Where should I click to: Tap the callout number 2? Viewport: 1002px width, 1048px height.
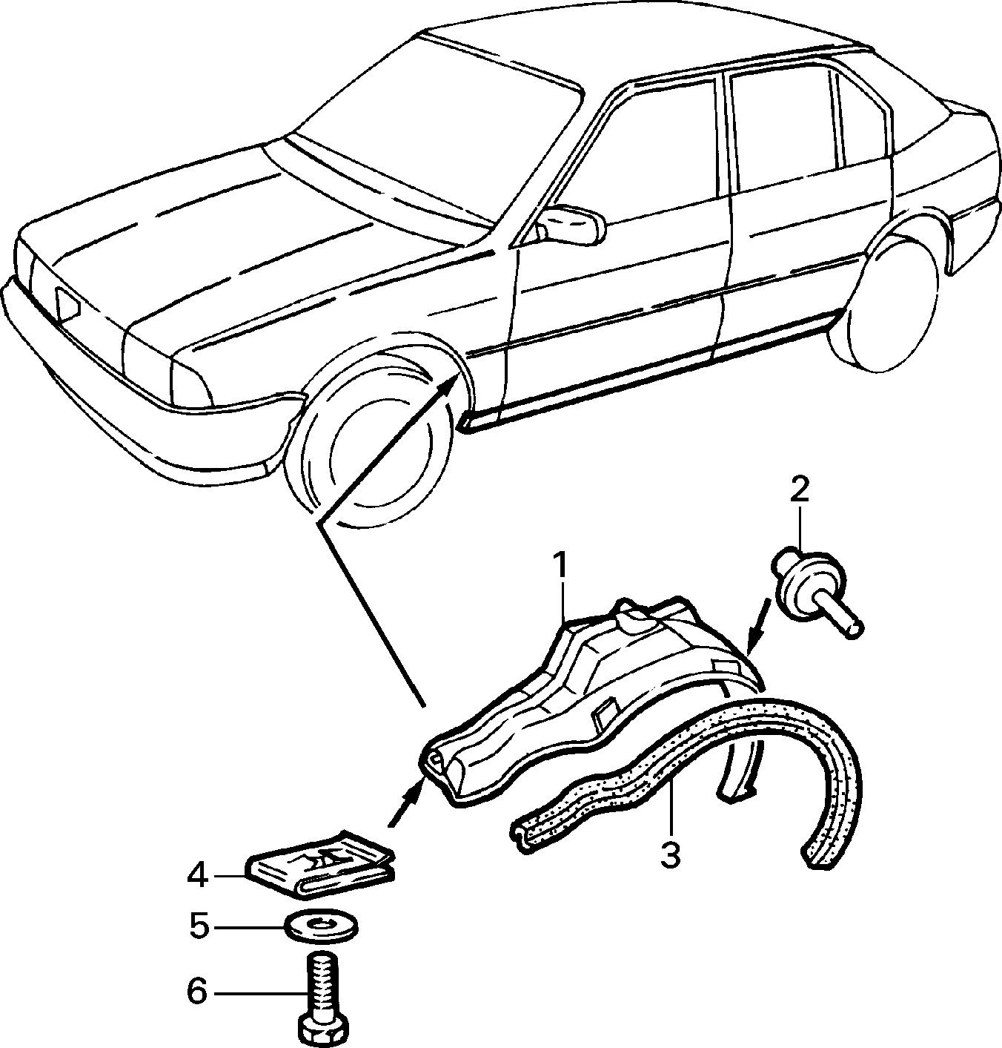pyautogui.click(x=800, y=490)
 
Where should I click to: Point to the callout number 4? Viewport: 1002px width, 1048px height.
pyautogui.click(x=197, y=876)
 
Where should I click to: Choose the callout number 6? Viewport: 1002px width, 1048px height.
pyautogui.click(x=197, y=992)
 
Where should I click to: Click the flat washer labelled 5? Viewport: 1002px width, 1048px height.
pyautogui.click(x=322, y=927)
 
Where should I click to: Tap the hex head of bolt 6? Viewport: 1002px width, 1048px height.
pyautogui.click(x=323, y=1029)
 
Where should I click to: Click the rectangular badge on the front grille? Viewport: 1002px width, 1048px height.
pyautogui.click(x=67, y=305)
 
